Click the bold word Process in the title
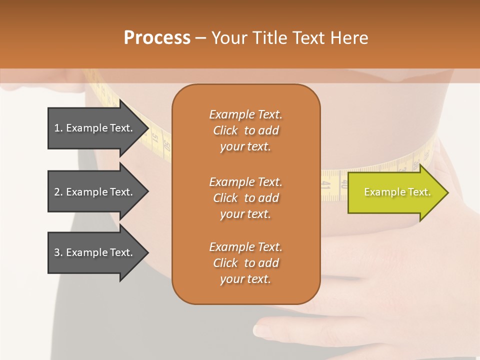(157, 38)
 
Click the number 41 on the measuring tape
(326, 185)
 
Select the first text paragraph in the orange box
(245, 130)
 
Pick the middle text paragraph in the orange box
(245, 198)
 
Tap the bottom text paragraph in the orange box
(245, 263)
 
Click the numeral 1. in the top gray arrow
(58, 128)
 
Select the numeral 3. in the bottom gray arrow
(58, 252)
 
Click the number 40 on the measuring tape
(344, 183)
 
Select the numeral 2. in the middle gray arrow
(58, 192)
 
